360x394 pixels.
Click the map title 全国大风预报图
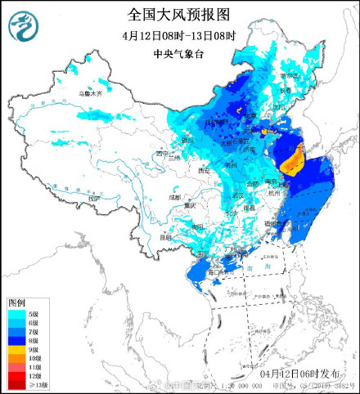(x=179, y=14)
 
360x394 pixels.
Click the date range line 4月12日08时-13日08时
(x=179, y=36)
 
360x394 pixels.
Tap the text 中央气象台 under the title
(x=179, y=54)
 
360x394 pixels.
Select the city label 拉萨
(x=95, y=199)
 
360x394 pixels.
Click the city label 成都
(x=175, y=197)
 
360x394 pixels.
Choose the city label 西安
(x=204, y=170)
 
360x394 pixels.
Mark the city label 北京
(x=250, y=118)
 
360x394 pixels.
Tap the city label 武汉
(x=238, y=195)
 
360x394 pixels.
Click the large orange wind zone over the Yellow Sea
(x=293, y=159)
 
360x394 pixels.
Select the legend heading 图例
(x=17, y=302)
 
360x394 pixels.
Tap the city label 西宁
(x=163, y=152)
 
